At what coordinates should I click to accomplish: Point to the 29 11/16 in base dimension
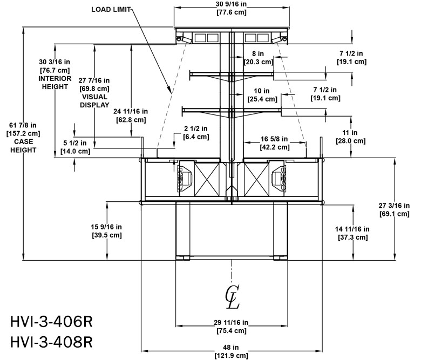(232, 323)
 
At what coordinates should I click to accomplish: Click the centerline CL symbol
(233, 296)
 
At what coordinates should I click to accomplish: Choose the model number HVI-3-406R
(52, 322)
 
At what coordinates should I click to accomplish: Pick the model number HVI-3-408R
(52, 342)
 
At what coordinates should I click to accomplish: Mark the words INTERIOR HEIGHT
(55, 82)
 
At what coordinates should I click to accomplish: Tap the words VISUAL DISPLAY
(95, 101)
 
